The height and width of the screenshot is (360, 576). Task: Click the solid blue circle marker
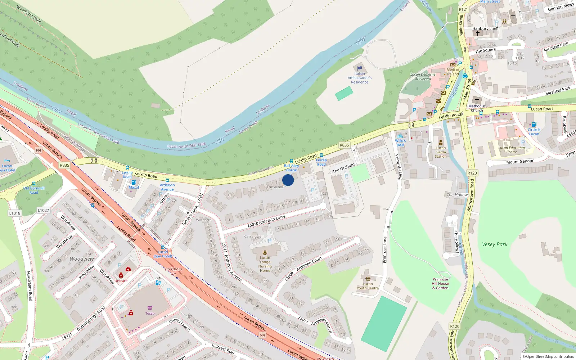pos(288,180)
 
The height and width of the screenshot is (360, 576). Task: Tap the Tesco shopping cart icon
pos(150,308)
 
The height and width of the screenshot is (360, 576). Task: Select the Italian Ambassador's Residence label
pos(360,78)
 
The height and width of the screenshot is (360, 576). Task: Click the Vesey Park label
pos(495,244)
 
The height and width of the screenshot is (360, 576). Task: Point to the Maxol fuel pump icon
pos(134,182)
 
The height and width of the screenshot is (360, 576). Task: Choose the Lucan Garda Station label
pos(441,152)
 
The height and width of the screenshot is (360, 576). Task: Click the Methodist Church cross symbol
pos(477,100)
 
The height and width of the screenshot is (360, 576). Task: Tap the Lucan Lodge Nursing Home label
pos(265,264)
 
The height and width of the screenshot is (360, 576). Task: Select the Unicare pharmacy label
pos(121,281)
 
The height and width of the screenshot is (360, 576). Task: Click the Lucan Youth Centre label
pos(368,286)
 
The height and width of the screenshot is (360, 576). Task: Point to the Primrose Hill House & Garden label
pos(440,283)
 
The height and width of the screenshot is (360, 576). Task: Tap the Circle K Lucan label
pos(534,132)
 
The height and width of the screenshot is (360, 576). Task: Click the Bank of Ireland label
pos(453,72)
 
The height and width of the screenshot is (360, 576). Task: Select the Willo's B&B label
pos(400,143)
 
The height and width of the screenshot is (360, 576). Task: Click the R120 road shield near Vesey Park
pos(472,173)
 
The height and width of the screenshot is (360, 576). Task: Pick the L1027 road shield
pos(43,210)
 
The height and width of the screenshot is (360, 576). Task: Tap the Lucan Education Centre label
pos(512,150)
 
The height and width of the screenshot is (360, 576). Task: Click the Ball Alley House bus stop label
pos(292,168)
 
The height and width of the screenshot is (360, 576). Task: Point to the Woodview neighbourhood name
pos(82,259)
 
